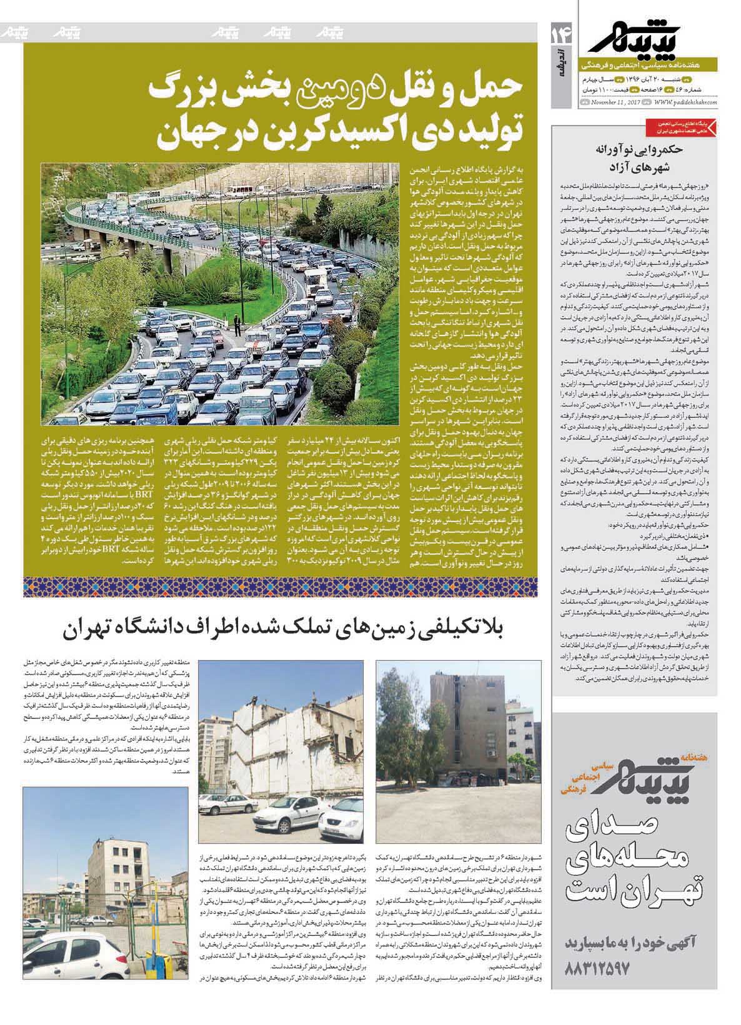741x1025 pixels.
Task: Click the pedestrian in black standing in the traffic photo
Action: tap(236, 324)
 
